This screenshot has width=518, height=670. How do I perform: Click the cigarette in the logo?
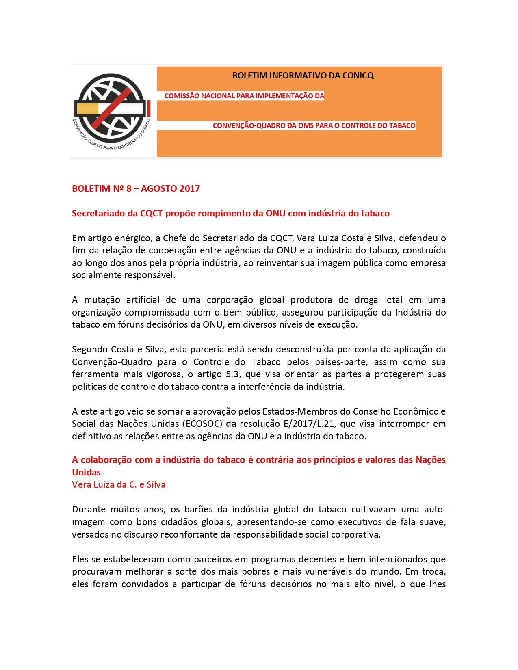point(110,108)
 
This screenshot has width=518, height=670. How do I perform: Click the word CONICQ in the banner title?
point(358,76)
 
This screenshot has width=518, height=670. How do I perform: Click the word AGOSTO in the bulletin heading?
point(159,188)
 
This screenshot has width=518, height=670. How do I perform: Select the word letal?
point(393,300)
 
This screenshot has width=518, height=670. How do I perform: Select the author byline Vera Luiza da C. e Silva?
point(119,485)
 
